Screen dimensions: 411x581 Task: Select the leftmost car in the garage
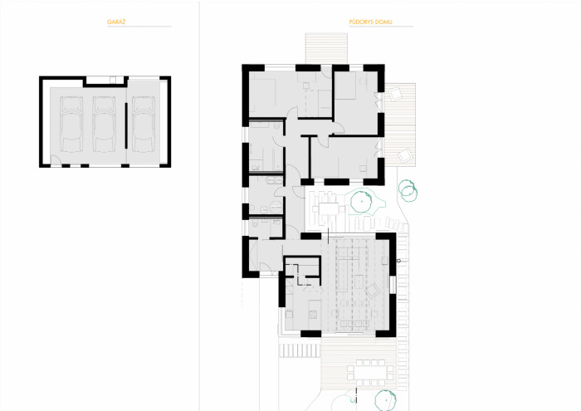(71, 122)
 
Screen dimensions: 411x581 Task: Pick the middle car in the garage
(105, 122)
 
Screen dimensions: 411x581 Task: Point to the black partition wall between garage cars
(126, 129)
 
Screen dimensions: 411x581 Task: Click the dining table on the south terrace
(371, 366)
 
